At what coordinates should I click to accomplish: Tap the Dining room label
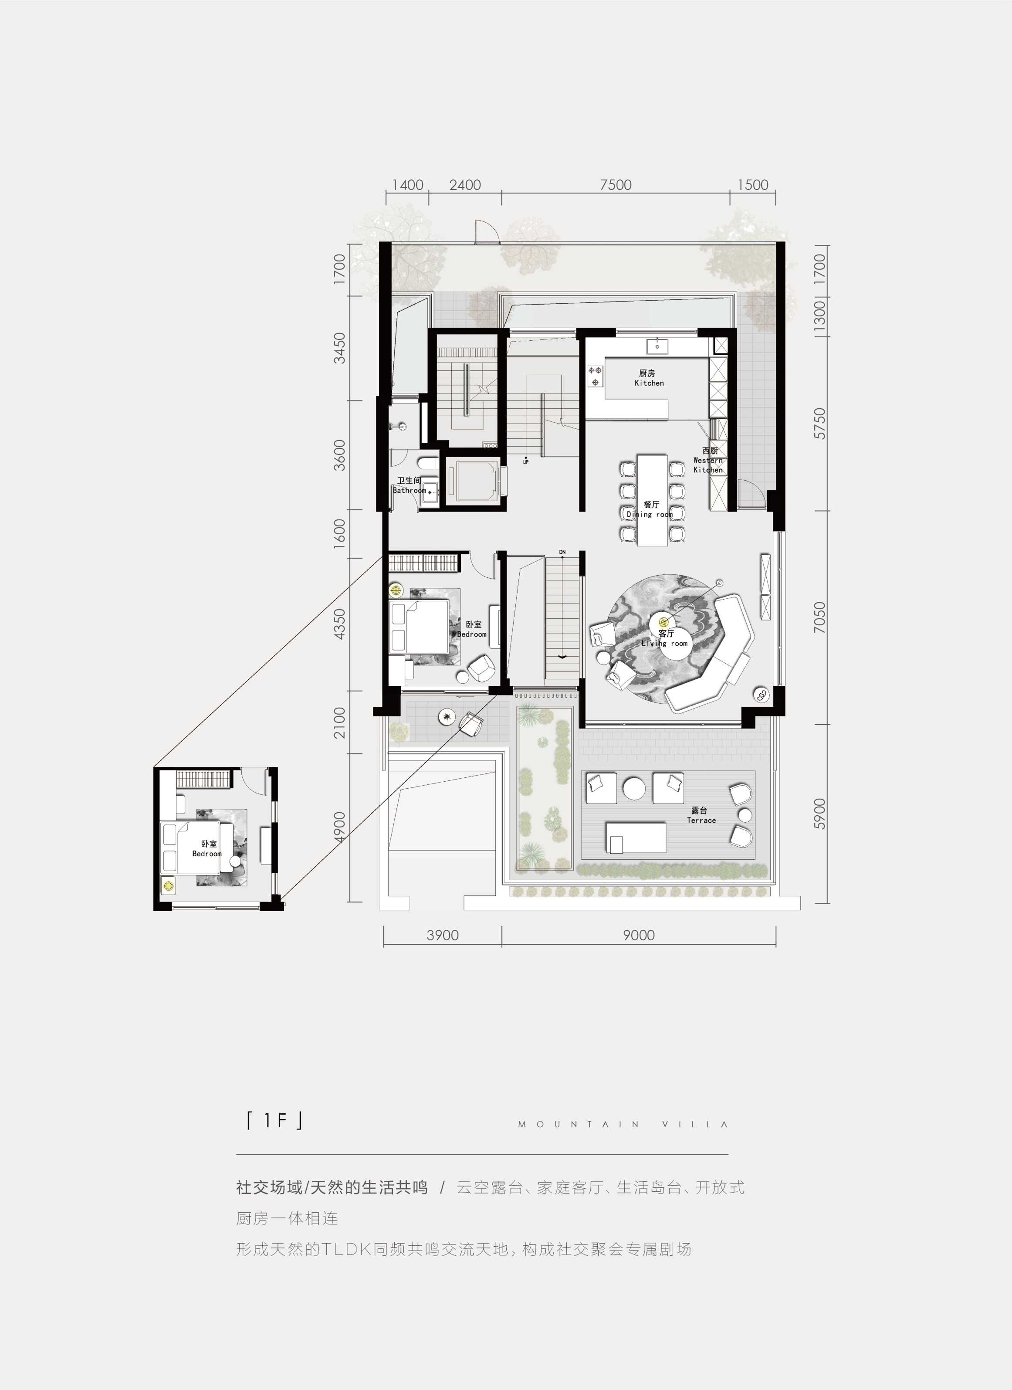pyautogui.click(x=650, y=509)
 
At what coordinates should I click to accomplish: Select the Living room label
pyautogui.click(x=665, y=638)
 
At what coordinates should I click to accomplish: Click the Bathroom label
pyautogui.click(x=409, y=485)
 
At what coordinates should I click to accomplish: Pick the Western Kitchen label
pyautogui.click(x=709, y=460)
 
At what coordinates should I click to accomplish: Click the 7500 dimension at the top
pyautogui.click(x=616, y=184)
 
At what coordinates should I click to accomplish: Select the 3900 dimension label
pyautogui.click(x=442, y=935)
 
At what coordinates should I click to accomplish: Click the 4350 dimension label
pyautogui.click(x=339, y=624)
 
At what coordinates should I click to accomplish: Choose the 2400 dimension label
pyautogui.click(x=465, y=184)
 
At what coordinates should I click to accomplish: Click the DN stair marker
pyautogui.click(x=562, y=552)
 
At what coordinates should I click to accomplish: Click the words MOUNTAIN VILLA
pyautogui.click(x=623, y=1124)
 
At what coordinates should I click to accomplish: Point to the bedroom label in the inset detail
pyautogui.click(x=207, y=849)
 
